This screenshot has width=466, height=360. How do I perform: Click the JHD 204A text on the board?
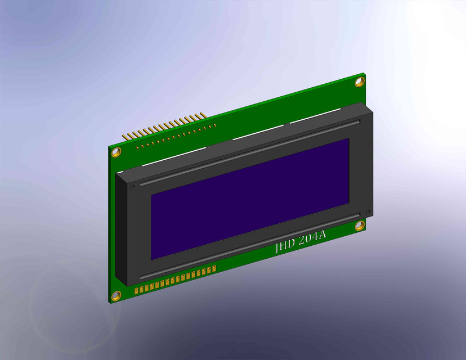point(301,241)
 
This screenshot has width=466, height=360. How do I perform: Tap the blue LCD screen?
point(250,199)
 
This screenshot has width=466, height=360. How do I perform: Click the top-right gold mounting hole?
point(360,82)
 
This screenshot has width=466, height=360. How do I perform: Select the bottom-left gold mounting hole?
point(116,296)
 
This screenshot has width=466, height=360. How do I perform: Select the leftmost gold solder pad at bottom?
point(137,290)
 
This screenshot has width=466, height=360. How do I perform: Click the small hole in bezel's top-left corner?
point(132,186)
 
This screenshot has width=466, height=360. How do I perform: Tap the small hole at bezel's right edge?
point(368,211)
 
